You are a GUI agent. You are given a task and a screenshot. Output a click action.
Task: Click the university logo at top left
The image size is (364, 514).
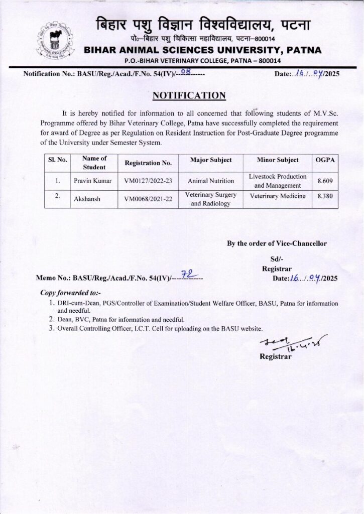[x=55, y=41]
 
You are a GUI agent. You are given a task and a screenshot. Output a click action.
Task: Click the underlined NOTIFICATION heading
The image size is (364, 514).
[x=189, y=95]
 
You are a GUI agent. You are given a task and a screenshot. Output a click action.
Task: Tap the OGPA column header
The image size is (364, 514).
[x=325, y=160]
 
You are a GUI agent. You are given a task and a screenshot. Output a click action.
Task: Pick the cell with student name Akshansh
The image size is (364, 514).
[x=87, y=199]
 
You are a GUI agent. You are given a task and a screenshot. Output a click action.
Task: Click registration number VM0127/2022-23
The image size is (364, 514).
[x=148, y=181]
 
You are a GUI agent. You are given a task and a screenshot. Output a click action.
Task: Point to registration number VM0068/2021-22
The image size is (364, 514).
[x=148, y=199]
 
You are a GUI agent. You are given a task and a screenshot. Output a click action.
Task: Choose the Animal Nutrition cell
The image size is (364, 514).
[x=211, y=181]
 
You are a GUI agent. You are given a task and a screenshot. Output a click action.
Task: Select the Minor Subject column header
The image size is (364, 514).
[x=278, y=160]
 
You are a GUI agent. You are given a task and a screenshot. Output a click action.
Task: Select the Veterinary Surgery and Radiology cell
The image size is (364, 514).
[x=211, y=199]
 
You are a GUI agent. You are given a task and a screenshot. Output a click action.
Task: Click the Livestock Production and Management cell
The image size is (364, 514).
[x=278, y=181]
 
